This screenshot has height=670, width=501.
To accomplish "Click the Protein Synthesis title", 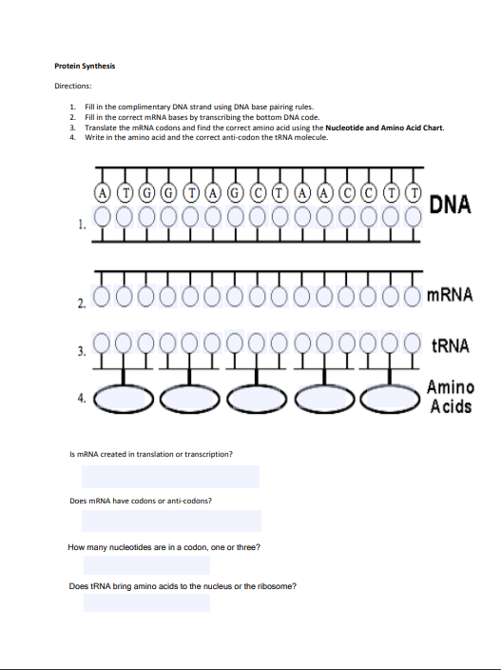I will pos(85,66).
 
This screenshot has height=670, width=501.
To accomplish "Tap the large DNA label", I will pos(451,204).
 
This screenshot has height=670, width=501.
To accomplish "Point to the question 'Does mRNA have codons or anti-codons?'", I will pos(141,500).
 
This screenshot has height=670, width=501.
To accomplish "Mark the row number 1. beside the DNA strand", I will pos(83,227).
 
